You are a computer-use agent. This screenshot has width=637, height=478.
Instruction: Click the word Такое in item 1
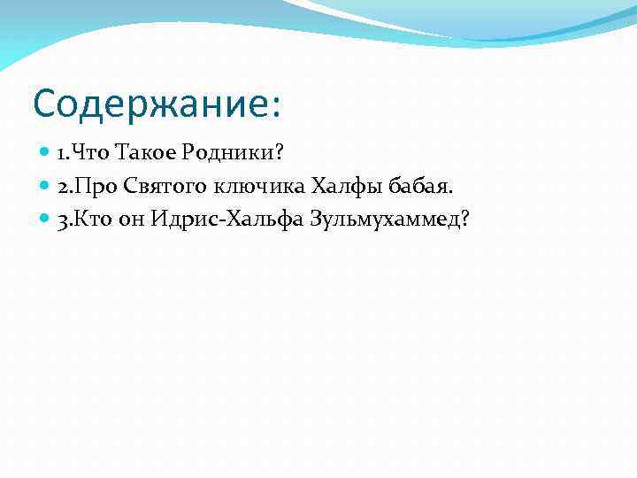(142, 154)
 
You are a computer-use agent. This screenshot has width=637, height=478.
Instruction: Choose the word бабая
(395, 186)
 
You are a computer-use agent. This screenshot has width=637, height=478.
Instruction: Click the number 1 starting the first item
(61, 154)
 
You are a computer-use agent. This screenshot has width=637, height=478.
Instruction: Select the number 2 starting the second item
(61, 186)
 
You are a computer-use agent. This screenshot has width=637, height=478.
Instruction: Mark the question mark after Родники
(278, 154)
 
